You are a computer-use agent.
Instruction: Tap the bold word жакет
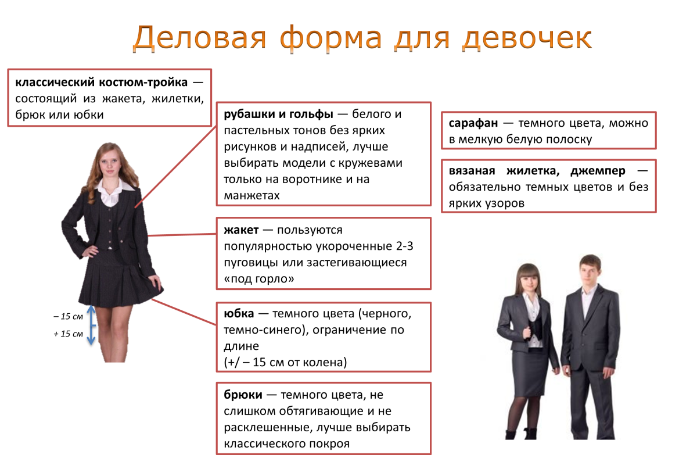point(238,230)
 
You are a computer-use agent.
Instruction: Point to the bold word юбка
point(239,314)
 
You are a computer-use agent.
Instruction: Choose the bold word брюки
point(241,395)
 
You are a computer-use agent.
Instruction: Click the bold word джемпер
point(598,171)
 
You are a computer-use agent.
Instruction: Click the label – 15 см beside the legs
point(69,317)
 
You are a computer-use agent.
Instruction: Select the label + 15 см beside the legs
point(69,334)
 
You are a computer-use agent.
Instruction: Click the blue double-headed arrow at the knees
point(91,325)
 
